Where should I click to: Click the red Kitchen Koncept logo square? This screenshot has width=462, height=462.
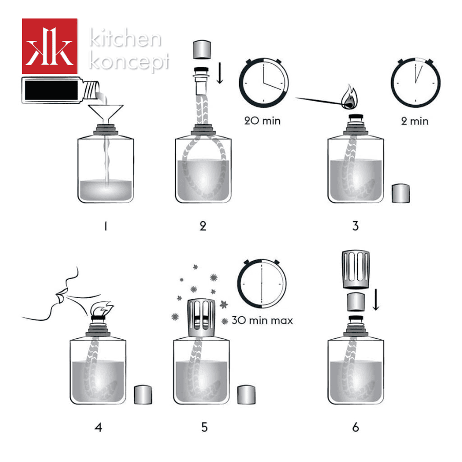click(49, 46)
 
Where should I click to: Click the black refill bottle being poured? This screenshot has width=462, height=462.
click(61, 90)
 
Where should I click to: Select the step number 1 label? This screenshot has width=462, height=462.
click(105, 226)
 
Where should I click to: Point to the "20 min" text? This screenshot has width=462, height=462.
click(262, 121)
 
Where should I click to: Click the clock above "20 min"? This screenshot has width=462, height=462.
click(264, 83)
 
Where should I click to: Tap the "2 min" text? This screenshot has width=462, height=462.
click(415, 121)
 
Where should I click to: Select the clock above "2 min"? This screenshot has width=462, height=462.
click(415, 83)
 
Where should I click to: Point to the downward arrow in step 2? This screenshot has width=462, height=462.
click(220, 73)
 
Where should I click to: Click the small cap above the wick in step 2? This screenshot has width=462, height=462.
click(202, 49)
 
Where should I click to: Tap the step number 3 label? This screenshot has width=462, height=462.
click(355, 226)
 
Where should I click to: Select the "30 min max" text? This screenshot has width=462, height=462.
click(262, 320)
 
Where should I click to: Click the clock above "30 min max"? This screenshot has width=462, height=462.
click(262, 283)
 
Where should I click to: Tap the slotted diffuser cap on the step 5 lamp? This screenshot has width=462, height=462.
click(202, 318)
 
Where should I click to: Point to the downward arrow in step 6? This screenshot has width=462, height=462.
click(376, 300)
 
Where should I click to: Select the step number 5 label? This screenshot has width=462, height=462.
click(204, 427)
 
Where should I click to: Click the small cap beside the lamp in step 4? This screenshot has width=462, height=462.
click(143, 395)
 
